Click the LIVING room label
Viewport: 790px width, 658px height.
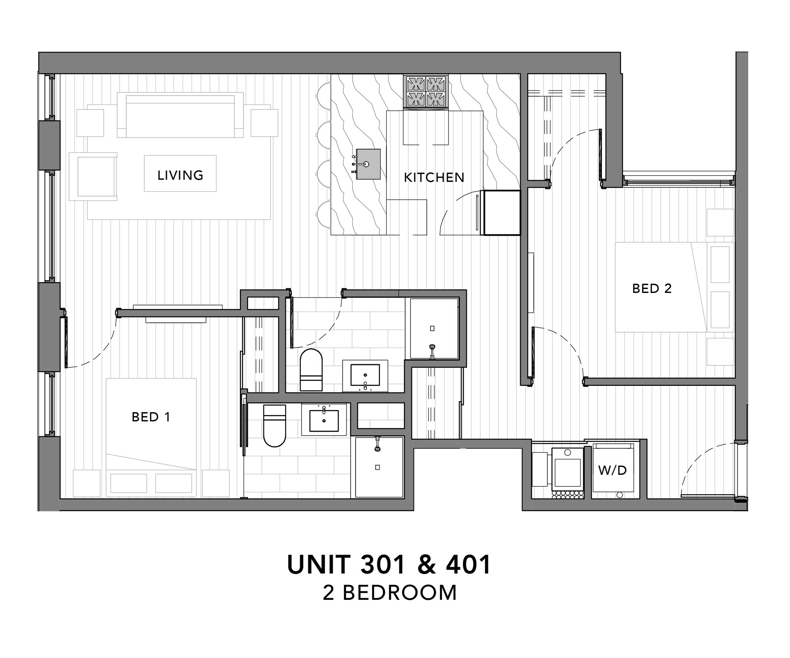coord(180,175)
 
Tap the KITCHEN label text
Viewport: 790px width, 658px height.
coord(434,177)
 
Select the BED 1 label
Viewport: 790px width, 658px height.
coord(151,417)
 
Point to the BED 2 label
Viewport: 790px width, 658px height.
coord(652,288)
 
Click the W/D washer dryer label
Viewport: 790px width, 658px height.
coord(613,470)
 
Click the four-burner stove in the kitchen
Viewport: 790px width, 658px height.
coord(426,91)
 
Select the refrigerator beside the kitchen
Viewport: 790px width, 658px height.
coord(502,212)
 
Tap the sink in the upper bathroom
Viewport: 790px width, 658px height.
coord(365,375)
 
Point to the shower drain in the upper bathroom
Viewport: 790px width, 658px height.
coord(432,328)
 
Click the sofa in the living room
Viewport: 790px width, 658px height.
coord(180,116)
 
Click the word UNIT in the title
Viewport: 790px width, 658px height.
coord(318,565)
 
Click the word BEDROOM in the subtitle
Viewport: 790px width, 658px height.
coord(400,593)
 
